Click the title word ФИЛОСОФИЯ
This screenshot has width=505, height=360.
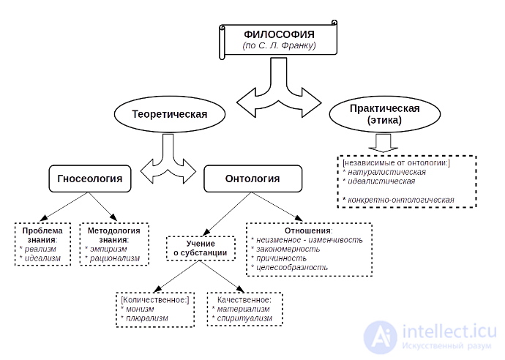coord(279,34)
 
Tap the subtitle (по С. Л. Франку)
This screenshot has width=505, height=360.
coord(279,45)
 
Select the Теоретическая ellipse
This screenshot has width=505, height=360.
coord(169,114)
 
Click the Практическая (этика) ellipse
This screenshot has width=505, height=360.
coord(384,114)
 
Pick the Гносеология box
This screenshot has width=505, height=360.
coord(90,179)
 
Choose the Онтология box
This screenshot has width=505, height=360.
coord(252,179)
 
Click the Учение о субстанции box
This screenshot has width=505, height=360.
coord(201,248)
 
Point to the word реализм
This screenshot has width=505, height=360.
coord(40,249)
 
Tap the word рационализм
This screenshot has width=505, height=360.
coord(115,258)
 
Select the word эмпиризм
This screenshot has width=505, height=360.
coord(108,249)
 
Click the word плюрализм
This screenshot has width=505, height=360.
coord(147,318)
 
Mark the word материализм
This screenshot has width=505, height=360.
coord(243,309)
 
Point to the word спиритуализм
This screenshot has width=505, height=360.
coord(244,318)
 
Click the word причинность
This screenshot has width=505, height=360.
coord(281,258)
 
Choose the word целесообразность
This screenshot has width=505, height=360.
coord(292,267)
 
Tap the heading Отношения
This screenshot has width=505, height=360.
coord(307,230)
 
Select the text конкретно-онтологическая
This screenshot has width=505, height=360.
coord(400,200)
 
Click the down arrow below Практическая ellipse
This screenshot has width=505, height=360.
coord(384,143)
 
